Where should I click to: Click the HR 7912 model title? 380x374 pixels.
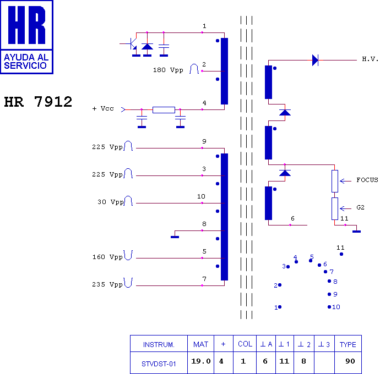[38, 102]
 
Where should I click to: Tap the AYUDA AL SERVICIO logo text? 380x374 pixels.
[26, 61]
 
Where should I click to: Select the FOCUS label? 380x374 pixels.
[367, 180]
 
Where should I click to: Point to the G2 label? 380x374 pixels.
[360, 208]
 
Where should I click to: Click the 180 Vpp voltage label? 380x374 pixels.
[168, 70]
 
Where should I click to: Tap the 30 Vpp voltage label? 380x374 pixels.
[111, 202]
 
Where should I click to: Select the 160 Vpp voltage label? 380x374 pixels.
[107, 257]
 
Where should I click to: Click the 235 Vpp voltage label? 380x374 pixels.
[107, 284]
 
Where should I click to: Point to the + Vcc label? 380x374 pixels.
[103, 109]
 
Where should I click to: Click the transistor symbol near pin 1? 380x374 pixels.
[132, 44]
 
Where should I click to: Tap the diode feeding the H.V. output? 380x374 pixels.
[315, 60]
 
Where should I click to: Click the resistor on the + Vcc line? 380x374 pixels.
[164, 110]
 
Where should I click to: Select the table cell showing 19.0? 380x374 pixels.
[200, 361]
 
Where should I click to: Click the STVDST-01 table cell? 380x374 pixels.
[158, 362]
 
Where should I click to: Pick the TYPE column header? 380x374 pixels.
[347, 344]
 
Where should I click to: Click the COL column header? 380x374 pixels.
[245, 344]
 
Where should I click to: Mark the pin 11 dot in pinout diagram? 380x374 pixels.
[341, 254]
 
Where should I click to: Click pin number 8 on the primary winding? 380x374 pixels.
[204, 224]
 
